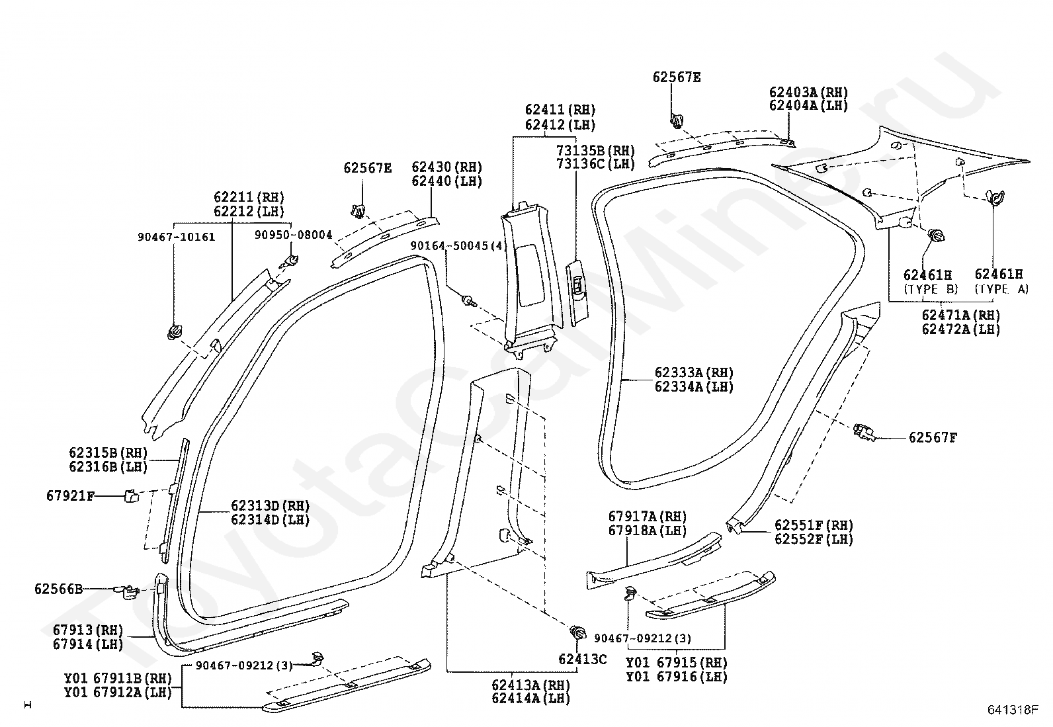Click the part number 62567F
(933, 438)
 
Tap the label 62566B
(58, 589)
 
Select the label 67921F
(71, 495)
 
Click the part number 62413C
(583, 660)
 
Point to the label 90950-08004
(293, 235)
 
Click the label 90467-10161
(177, 237)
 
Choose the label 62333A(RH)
(694, 373)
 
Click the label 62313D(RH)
(270, 505)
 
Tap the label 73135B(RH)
(595, 150)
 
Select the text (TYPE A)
(1002, 288)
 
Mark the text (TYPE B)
(931, 288)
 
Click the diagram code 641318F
(1013, 709)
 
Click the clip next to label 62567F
(864, 432)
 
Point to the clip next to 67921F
(131, 495)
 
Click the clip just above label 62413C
(577, 632)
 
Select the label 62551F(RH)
(814, 525)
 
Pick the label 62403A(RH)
(808, 92)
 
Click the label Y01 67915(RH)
(677, 662)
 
